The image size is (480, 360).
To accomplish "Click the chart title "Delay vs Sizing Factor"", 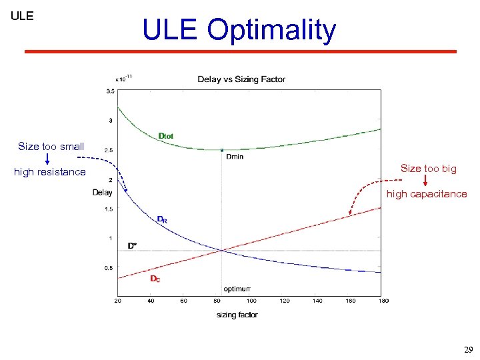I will pos(241,79).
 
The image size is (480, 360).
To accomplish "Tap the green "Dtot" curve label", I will pos(166,136).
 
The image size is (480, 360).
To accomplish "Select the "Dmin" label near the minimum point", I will pos(234,157).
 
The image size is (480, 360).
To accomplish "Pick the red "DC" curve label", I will pos(155,279).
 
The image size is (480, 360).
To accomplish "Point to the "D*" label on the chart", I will pos(132,245).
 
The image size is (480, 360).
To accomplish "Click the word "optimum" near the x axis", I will pos(237,289).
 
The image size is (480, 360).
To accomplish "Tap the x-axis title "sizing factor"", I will pos(237,315).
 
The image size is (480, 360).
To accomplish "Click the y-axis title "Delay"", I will pos(102,193).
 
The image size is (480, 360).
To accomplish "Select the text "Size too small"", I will pos(51,146).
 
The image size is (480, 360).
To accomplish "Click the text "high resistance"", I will pos(50,172).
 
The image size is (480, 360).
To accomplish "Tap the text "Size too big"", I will pos(428,169).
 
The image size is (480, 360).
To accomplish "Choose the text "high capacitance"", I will pos(427,194).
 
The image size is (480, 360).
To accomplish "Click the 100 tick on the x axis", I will pos(251,301).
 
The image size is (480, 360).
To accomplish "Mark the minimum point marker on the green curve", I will pos(222,150).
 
